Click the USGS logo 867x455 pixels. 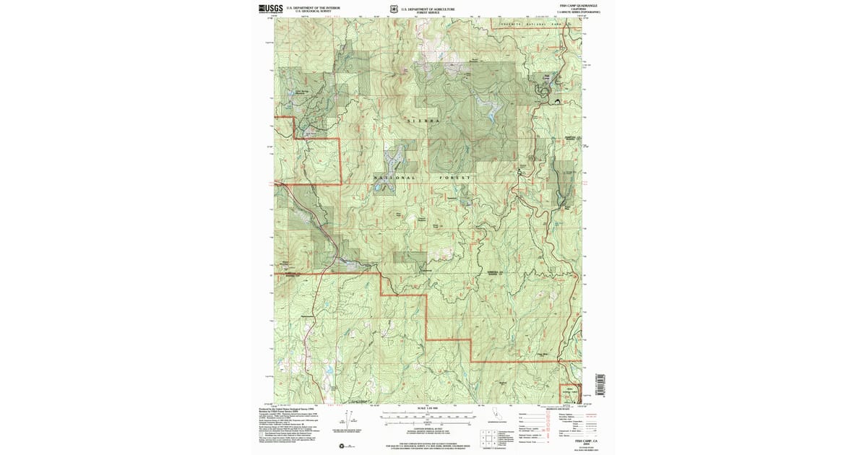[270, 9]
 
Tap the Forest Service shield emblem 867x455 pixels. [392, 9]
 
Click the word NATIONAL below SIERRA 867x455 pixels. [394, 177]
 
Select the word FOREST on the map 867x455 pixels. [455, 177]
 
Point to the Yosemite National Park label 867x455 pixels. [538, 25]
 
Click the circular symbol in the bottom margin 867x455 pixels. [342, 446]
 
